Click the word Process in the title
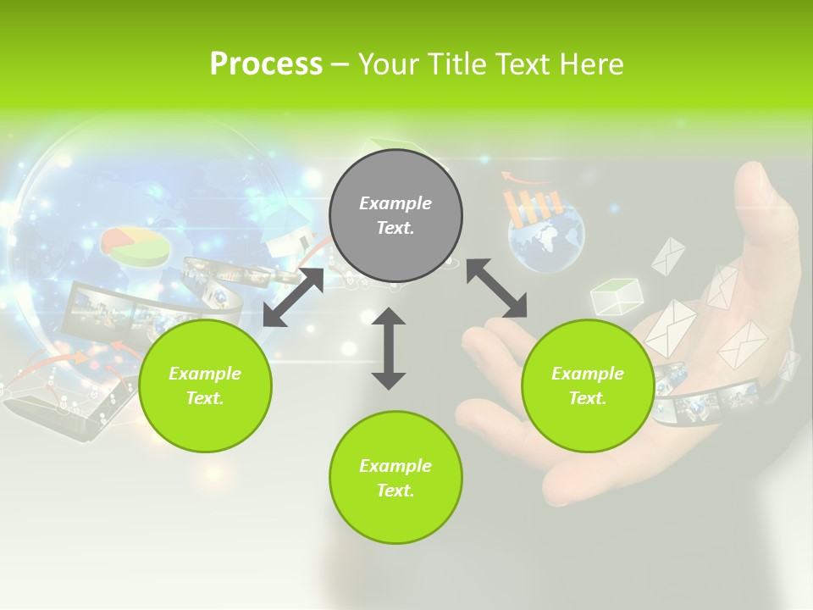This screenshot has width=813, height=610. (x=266, y=64)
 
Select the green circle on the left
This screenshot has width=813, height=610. (x=205, y=385)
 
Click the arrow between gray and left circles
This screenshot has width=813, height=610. (x=293, y=297)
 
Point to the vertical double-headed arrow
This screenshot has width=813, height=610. (x=389, y=348)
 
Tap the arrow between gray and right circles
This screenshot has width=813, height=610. (x=496, y=288)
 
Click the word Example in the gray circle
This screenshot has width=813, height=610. (x=395, y=203)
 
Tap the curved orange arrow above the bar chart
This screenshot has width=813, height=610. (x=522, y=178)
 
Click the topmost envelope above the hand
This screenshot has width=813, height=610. (x=668, y=255)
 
